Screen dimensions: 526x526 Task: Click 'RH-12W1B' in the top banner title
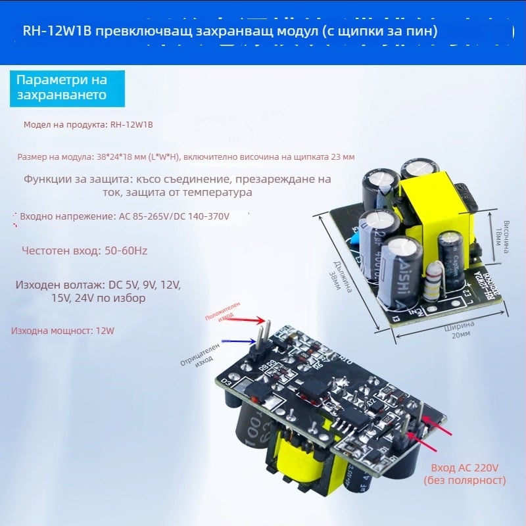51,31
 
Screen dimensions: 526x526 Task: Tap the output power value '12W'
105,331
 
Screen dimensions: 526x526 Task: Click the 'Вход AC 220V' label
465,467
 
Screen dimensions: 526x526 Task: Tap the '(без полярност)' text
465,481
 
